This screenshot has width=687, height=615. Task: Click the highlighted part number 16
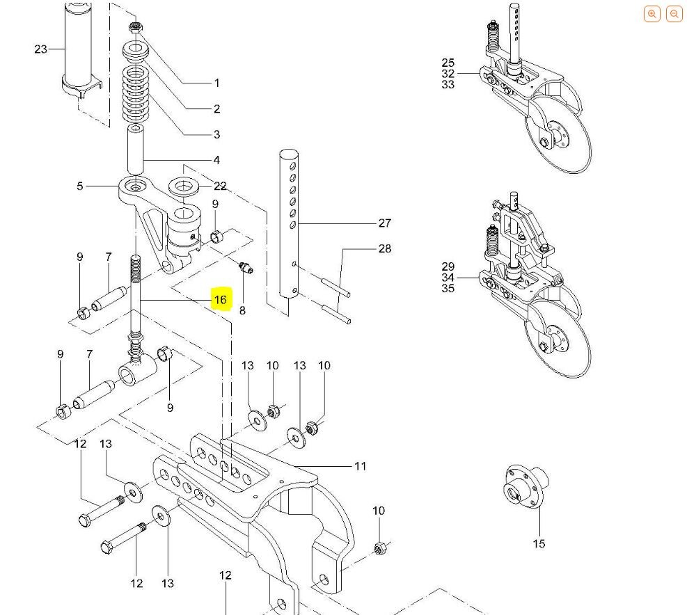coord(221,300)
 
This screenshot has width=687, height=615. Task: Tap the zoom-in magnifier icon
coord(652,14)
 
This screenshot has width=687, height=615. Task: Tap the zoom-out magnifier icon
coord(674,14)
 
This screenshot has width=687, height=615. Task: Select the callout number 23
coord(41,49)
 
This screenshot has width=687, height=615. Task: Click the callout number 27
coord(385,223)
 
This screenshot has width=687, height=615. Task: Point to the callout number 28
coord(385,248)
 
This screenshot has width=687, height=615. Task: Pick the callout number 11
coord(360,466)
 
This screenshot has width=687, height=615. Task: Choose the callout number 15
coord(539,543)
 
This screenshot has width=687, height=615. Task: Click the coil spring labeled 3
coord(136,95)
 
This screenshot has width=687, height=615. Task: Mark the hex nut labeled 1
coord(134,27)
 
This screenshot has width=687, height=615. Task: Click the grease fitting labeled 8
coord(245,267)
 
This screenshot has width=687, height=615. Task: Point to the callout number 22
coord(220,186)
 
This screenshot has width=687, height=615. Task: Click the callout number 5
coord(80,186)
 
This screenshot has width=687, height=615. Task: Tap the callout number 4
coord(216,160)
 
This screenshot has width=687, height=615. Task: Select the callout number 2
coord(217,109)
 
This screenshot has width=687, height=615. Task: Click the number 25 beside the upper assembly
coord(448,63)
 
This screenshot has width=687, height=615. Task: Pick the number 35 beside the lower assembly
coord(448,288)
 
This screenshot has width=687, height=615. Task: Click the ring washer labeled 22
coord(184,186)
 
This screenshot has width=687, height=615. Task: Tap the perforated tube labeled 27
coord(289,224)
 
